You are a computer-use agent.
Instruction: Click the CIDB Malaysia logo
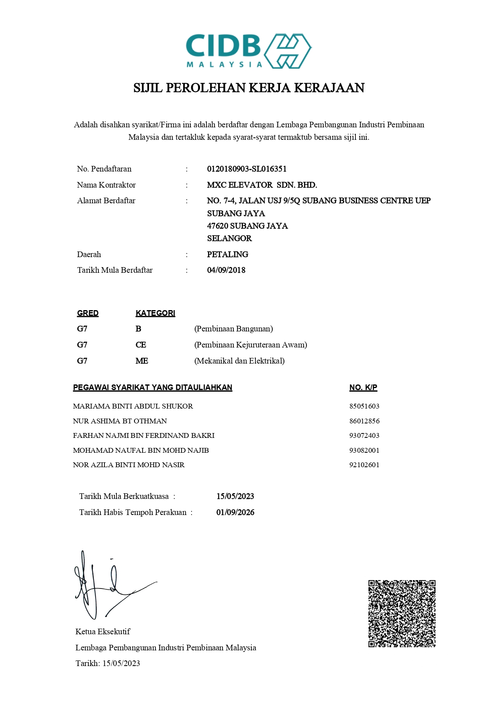click(x=249, y=51)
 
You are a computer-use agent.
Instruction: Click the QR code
click(x=402, y=613)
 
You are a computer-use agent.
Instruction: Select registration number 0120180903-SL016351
click(x=247, y=169)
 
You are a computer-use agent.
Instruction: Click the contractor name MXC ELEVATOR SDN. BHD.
click(x=262, y=185)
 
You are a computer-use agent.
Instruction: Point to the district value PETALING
click(x=227, y=254)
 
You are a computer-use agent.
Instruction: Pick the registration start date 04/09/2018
click(x=226, y=270)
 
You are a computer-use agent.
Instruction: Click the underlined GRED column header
click(x=88, y=313)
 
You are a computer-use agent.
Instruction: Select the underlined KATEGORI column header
click(x=155, y=313)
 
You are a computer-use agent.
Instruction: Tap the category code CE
click(x=141, y=345)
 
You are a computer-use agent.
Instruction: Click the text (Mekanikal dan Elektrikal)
click(x=239, y=361)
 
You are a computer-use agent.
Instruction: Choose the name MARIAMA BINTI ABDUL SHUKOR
click(x=133, y=406)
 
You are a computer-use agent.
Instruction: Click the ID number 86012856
click(x=364, y=421)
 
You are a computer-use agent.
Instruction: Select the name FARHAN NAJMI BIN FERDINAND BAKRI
click(x=143, y=435)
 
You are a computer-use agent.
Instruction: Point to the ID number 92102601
click(x=364, y=465)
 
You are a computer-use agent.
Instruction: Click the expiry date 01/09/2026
click(x=235, y=513)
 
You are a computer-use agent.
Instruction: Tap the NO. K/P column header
click(x=363, y=388)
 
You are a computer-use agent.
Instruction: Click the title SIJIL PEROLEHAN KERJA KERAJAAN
click(x=249, y=88)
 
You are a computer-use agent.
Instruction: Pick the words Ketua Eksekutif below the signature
click(x=103, y=631)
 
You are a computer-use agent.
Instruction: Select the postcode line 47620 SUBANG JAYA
click(x=247, y=226)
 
